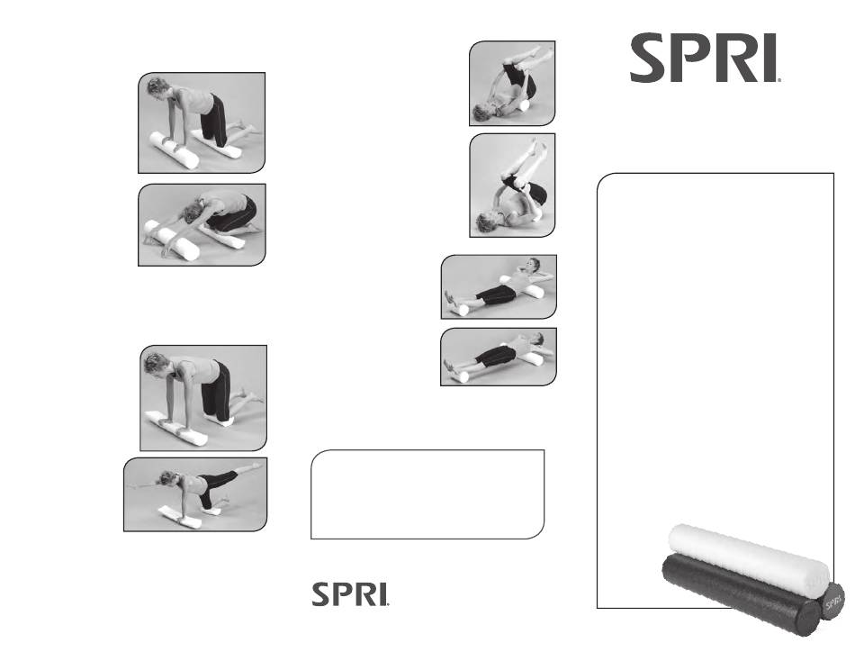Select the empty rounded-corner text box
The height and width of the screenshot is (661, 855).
(427, 494)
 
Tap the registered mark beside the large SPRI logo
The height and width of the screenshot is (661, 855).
(778, 79)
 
